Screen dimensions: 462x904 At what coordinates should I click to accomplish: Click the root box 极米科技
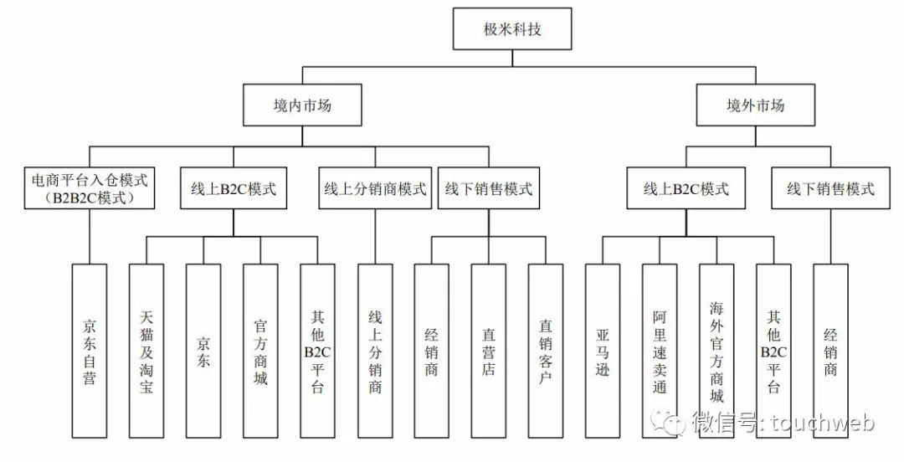tap(511, 29)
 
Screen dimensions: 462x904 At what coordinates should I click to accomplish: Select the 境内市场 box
tap(302, 105)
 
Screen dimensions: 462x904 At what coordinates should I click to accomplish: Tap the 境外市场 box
tap(755, 105)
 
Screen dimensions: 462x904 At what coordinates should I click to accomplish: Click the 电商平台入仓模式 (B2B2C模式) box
tap(89, 188)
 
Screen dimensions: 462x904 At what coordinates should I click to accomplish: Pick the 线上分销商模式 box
tap(375, 188)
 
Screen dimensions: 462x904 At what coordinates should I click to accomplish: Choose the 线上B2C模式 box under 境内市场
tap(234, 188)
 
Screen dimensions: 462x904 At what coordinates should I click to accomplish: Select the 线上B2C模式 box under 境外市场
tap(686, 188)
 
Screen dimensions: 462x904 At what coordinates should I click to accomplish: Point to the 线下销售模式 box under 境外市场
tap(830, 188)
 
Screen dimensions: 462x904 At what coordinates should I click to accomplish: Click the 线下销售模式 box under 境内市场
tap(489, 188)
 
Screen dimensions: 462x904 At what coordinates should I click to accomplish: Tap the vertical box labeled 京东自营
tap(90, 351)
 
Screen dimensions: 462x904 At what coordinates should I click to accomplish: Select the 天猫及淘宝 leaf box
tap(146, 351)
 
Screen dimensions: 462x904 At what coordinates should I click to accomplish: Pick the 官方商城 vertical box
tap(260, 351)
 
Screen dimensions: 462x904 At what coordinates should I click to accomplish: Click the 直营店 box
tap(488, 351)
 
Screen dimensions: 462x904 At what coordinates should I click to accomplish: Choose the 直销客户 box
tap(545, 351)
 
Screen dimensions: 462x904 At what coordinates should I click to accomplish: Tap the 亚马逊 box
tap(603, 351)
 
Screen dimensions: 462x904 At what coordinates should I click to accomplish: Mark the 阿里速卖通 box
tap(660, 351)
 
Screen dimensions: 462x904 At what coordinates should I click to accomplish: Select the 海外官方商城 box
tap(717, 351)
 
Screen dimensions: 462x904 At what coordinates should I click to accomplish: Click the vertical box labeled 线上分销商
tap(375, 351)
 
